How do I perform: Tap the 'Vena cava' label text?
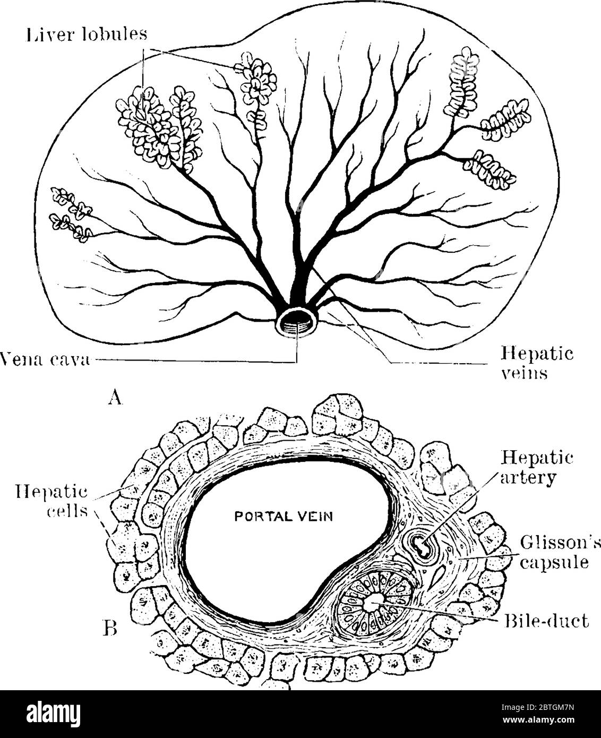(45, 361)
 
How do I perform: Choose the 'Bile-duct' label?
(546, 620)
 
